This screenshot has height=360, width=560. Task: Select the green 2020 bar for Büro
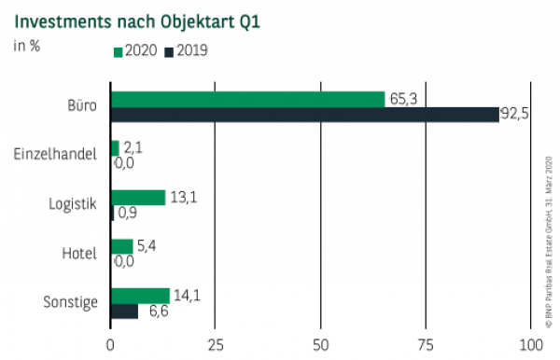[247, 99]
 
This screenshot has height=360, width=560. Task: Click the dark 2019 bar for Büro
[304, 115]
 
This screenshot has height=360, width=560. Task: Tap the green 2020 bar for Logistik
[138, 198]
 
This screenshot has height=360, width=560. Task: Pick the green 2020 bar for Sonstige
[140, 296]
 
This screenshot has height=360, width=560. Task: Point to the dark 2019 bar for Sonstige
[124, 312]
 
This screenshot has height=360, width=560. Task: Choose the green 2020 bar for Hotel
[122, 246]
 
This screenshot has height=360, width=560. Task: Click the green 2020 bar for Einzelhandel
[115, 148]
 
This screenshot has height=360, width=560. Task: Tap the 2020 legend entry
[136, 51]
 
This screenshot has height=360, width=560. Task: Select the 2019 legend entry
[186, 51]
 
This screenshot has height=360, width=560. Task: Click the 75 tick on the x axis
[426, 343]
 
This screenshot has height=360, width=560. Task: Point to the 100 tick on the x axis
[529, 343]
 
